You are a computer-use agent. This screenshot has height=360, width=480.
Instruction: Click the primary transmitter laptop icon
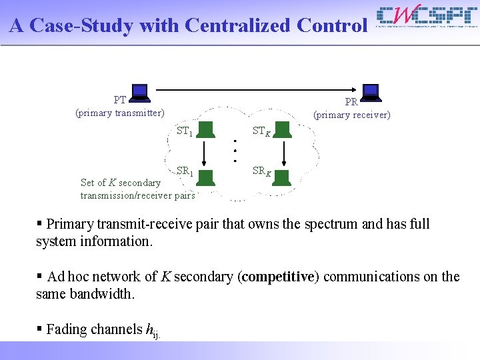(x=139, y=93)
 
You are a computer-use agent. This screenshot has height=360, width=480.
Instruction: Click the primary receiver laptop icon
(x=371, y=93)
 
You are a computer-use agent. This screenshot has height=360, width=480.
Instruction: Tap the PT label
(x=120, y=100)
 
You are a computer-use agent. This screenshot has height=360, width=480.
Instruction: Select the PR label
(x=351, y=102)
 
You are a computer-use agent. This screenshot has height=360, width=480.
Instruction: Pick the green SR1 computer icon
(x=206, y=176)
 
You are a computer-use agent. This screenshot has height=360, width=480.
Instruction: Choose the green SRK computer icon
(x=283, y=177)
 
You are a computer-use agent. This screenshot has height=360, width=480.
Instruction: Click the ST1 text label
(x=185, y=131)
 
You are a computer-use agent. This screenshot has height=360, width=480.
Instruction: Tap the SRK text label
(x=262, y=171)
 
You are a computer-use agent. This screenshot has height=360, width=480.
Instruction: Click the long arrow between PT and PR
(x=253, y=90)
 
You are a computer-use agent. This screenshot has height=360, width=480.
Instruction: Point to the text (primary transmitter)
(x=120, y=113)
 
